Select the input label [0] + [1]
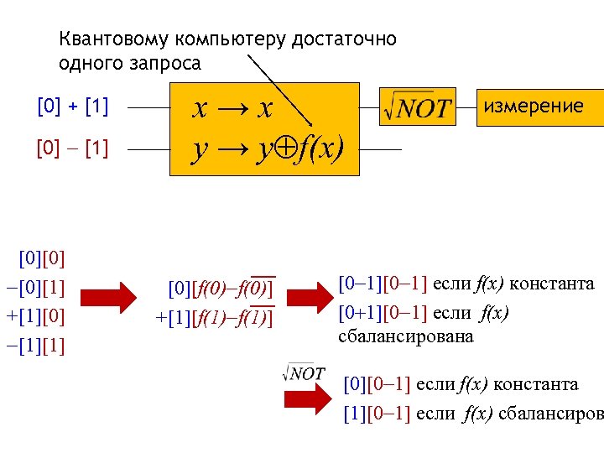click(73, 107)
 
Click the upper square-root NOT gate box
click(416, 107)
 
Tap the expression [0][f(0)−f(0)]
click(221, 289)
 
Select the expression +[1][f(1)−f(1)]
click(215, 319)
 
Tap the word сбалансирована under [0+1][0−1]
click(406, 336)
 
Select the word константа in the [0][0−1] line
click(535, 384)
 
